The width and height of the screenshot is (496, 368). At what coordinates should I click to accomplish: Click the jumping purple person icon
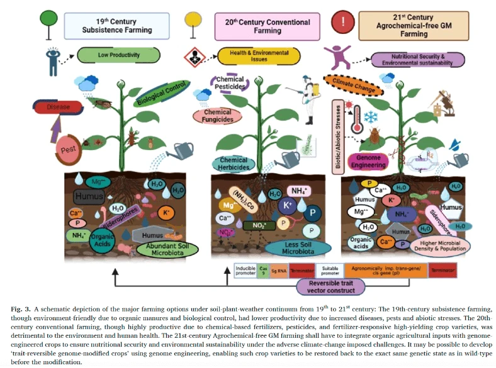342,57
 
